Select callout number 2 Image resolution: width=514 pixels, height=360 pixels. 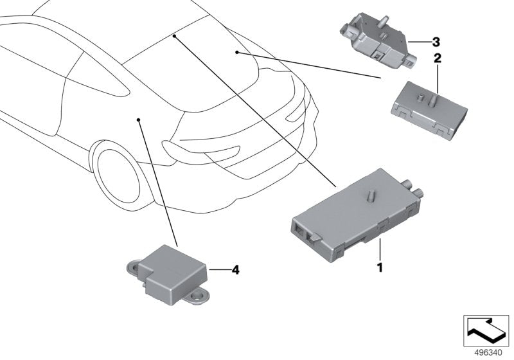pos(438,59)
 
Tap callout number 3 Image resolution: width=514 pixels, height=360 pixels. pos(436,42)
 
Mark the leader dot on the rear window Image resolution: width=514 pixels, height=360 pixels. pos(237,51)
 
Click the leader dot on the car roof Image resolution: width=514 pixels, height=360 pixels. pos(174,37)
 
